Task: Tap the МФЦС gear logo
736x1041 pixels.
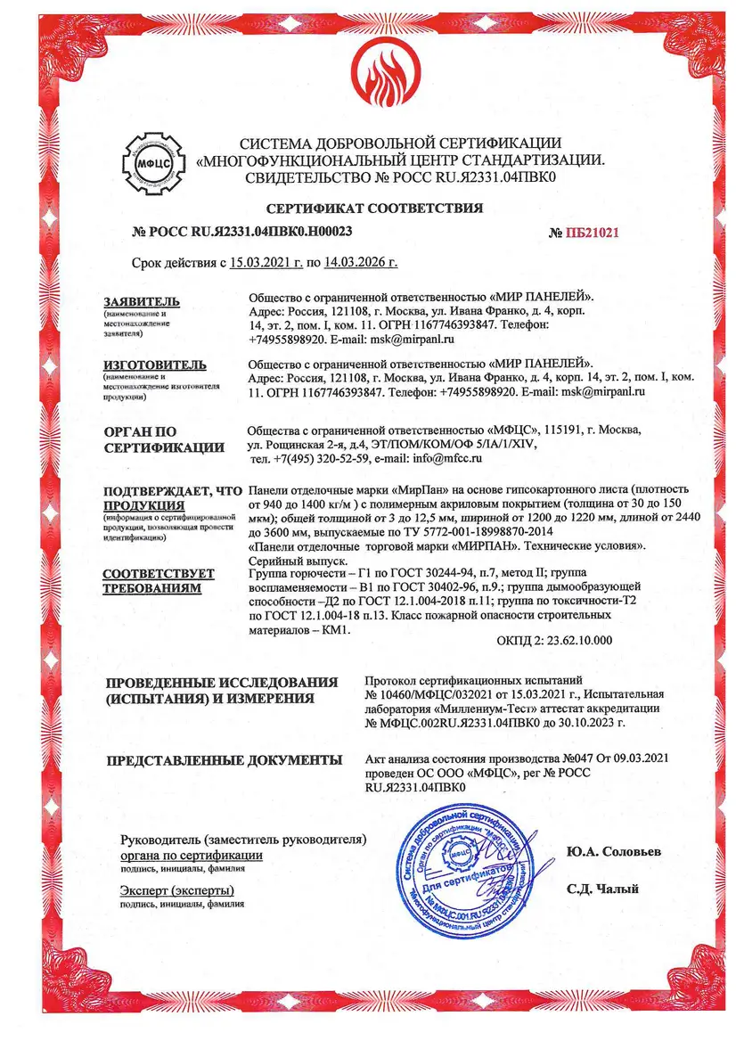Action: tap(153, 160)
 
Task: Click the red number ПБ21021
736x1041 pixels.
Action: tap(584, 233)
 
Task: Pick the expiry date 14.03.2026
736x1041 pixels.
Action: tap(364, 263)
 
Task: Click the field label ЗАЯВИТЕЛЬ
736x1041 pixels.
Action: tap(142, 301)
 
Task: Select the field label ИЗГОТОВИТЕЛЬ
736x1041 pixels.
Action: tap(155, 365)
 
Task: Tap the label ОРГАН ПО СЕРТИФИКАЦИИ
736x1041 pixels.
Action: tap(163, 439)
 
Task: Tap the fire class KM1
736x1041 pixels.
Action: tap(337, 629)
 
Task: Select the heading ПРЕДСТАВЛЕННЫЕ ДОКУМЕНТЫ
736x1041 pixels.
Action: tap(225, 760)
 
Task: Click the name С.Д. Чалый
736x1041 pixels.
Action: tap(602, 889)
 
